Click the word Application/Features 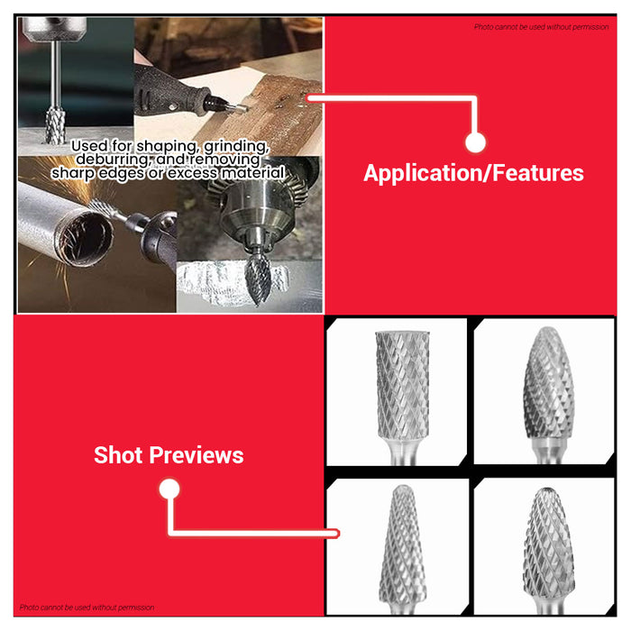pos(473,173)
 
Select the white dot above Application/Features pos(475,142)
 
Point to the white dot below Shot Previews pos(169,489)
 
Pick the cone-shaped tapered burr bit pos(403,548)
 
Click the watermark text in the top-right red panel pos(541,27)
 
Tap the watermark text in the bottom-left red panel pos(87,608)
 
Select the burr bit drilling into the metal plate pos(56,125)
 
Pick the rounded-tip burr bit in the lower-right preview pos(548,548)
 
